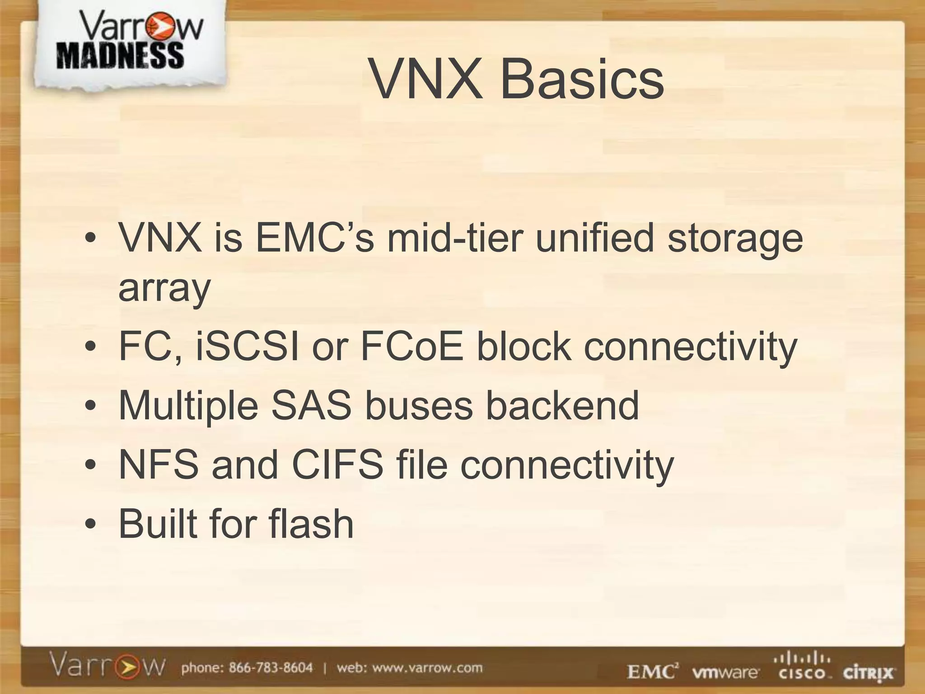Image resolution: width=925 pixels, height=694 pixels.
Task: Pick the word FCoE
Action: pos(411,347)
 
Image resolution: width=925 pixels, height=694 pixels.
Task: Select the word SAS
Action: pos(311,405)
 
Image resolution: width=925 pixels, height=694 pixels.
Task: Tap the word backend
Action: pos(562,405)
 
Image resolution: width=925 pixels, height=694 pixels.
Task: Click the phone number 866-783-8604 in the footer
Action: pos(271,668)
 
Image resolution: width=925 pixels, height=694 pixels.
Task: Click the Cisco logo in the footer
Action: pos(801,667)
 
